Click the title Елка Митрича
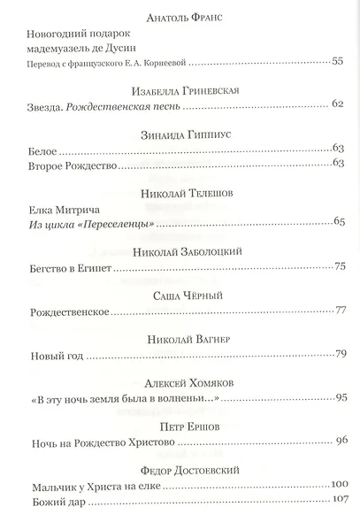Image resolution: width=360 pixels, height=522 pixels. pos(65,210)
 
